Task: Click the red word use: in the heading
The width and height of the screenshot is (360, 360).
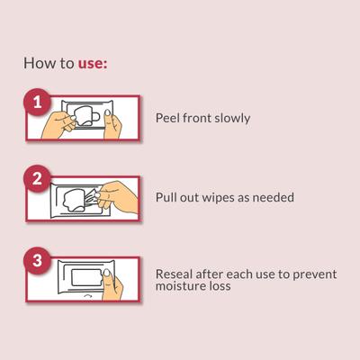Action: (x=93, y=64)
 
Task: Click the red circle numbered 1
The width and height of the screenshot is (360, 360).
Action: (x=38, y=102)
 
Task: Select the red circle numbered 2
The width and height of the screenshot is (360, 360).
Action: (x=38, y=179)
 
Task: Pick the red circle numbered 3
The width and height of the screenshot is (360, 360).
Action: (x=38, y=260)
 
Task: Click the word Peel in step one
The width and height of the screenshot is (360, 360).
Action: (x=167, y=118)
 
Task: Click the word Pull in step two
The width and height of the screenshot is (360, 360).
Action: (x=166, y=197)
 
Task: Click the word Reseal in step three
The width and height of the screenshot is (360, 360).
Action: (x=174, y=274)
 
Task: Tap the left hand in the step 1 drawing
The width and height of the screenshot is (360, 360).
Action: (x=58, y=125)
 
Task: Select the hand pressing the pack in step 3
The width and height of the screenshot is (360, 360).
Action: (x=112, y=285)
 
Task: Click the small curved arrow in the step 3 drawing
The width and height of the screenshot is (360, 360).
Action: (x=87, y=296)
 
